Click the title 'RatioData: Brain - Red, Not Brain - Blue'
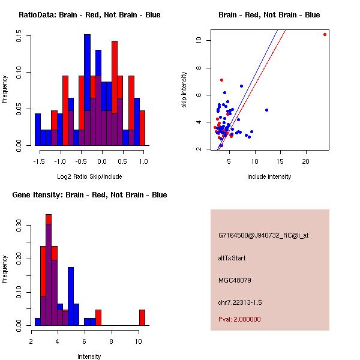[x=89, y=14]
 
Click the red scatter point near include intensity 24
[x=325, y=34]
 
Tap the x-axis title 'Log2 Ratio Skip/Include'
[x=89, y=176]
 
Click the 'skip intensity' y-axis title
[x=184, y=90]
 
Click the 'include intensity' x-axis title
[x=269, y=176]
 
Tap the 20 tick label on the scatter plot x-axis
[x=306, y=161]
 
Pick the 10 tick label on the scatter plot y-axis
[x=199, y=40]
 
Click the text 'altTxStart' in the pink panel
[x=232, y=258]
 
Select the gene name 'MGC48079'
[x=235, y=280]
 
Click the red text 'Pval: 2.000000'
[x=239, y=319]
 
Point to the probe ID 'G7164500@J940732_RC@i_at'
[x=263, y=236]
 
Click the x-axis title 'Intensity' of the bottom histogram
[x=89, y=356]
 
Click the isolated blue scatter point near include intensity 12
[x=266, y=110]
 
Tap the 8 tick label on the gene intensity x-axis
[x=112, y=341]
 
